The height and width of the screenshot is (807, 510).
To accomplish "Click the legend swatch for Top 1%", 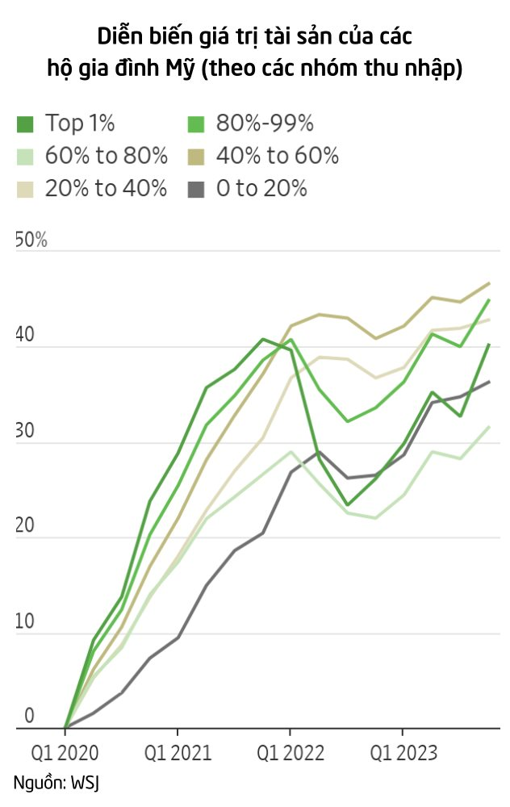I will [x=25, y=123].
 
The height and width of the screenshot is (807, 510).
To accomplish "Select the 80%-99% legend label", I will [x=264, y=123].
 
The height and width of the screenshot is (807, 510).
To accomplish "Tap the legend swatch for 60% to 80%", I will [x=25, y=156].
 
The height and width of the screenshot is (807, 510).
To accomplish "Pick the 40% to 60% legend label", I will [x=277, y=156].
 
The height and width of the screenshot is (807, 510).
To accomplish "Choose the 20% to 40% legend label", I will [x=106, y=189].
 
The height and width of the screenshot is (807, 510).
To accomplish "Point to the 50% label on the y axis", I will [x=31, y=240].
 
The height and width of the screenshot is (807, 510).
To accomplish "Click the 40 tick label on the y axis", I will [x=26, y=336].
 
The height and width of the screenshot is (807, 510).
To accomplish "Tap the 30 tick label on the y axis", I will [x=26, y=431].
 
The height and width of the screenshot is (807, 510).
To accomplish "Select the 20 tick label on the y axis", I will [x=26, y=526].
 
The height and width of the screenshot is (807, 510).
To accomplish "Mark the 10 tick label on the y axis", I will [x=26, y=621].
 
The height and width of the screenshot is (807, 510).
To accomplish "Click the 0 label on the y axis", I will [x=29, y=717].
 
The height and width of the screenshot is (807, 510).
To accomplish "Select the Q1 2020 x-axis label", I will [x=65, y=754].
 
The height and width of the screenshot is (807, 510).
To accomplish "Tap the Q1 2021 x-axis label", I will [x=178, y=754].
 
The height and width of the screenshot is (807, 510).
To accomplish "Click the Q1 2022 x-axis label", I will [x=291, y=754].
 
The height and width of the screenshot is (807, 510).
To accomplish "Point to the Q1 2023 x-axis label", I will [x=403, y=754].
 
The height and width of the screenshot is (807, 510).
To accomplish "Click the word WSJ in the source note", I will [x=85, y=782].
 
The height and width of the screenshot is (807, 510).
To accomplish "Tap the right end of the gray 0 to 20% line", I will [x=489, y=382].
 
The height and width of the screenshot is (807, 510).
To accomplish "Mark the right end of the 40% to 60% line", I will [x=489, y=283].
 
